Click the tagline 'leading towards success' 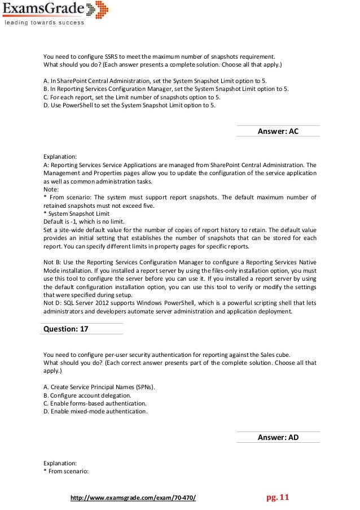(45, 23)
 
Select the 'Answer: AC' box (278, 131)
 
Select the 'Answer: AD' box (278, 437)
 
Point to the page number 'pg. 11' (277, 498)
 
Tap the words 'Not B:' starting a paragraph (53, 262)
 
